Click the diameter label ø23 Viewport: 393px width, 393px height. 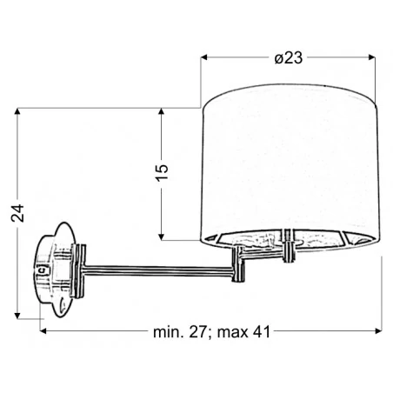tap(289, 58)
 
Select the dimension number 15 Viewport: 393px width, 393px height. tap(162, 173)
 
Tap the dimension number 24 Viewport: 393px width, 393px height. tap(17, 213)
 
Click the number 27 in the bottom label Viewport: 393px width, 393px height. tap(198, 332)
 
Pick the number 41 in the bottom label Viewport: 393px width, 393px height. tap(261, 332)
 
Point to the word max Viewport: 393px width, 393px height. tap(233, 333)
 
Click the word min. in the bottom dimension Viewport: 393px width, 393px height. tap(169, 332)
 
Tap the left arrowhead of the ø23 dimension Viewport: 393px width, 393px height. tap(204, 57)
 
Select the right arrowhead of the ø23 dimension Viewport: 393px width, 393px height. tap(371, 57)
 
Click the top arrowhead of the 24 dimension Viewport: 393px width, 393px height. tap(17, 111)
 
